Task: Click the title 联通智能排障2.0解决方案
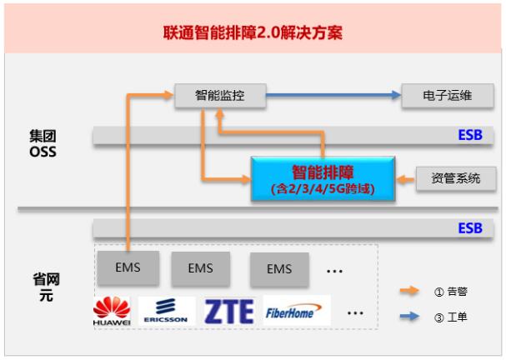(x=253, y=34)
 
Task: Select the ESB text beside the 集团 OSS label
(x=469, y=136)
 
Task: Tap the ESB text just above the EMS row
(x=469, y=228)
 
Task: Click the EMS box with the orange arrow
(x=128, y=268)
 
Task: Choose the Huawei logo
(x=112, y=311)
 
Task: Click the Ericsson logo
(x=167, y=311)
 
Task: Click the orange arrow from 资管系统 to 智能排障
(x=404, y=178)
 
